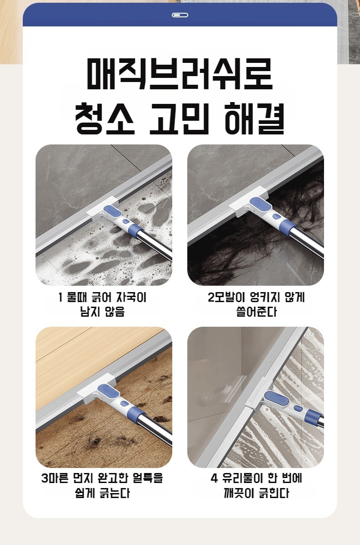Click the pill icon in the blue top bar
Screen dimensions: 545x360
[x=180, y=15]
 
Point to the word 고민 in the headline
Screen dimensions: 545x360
[x=180, y=118]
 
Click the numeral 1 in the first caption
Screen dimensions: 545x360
[x=61, y=298]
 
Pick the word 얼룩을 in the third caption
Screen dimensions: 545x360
[x=148, y=479]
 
